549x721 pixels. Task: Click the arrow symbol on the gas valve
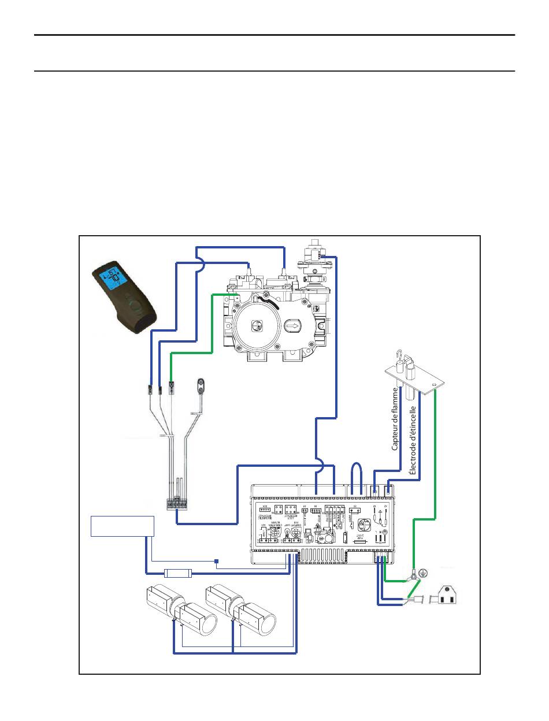(292, 326)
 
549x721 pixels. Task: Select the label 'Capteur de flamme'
(395, 419)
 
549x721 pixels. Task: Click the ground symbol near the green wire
(423, 572)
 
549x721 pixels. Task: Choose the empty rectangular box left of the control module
(123, 526)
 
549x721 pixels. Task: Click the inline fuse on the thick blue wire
(177, 574)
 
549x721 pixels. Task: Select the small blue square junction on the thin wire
(216, 561)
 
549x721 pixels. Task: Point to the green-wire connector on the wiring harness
(172, 386)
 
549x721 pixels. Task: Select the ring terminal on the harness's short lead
(201, 385)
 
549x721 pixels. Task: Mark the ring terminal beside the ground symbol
(414, 575)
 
